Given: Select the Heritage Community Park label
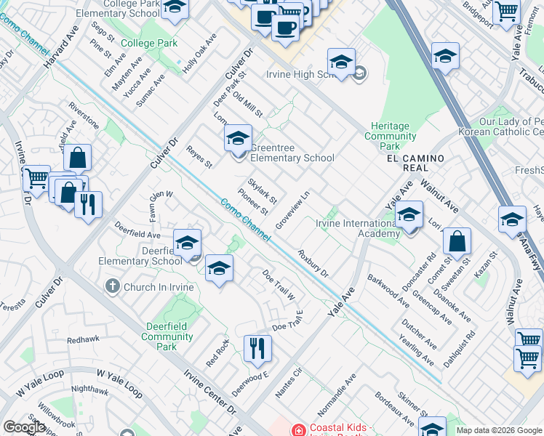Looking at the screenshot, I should pos(391,136).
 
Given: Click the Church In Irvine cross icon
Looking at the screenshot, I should pos(113,286).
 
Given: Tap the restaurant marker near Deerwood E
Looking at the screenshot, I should pos(257,350).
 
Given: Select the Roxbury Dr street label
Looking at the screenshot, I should pos(313,264).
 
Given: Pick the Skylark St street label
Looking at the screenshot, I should pos(263,190).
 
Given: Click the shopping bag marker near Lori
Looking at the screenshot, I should pos(457,242).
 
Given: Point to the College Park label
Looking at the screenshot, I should pos(149,43).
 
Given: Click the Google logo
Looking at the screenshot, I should pos(25,427).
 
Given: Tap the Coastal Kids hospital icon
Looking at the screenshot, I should pos(297,429).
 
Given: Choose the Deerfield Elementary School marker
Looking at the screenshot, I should pos(187,243).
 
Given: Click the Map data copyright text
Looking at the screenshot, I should pos(499,429).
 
